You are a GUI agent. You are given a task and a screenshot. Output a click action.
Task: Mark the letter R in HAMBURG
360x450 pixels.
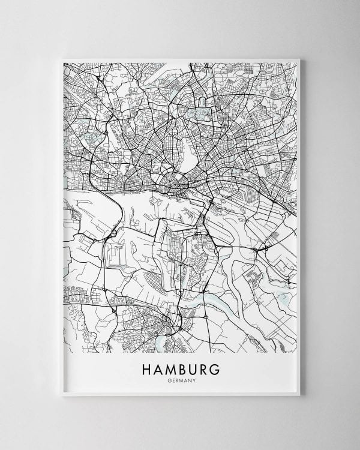coord(205,367)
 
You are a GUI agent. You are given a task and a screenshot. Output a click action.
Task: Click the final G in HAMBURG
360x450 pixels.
coord(217,367)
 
